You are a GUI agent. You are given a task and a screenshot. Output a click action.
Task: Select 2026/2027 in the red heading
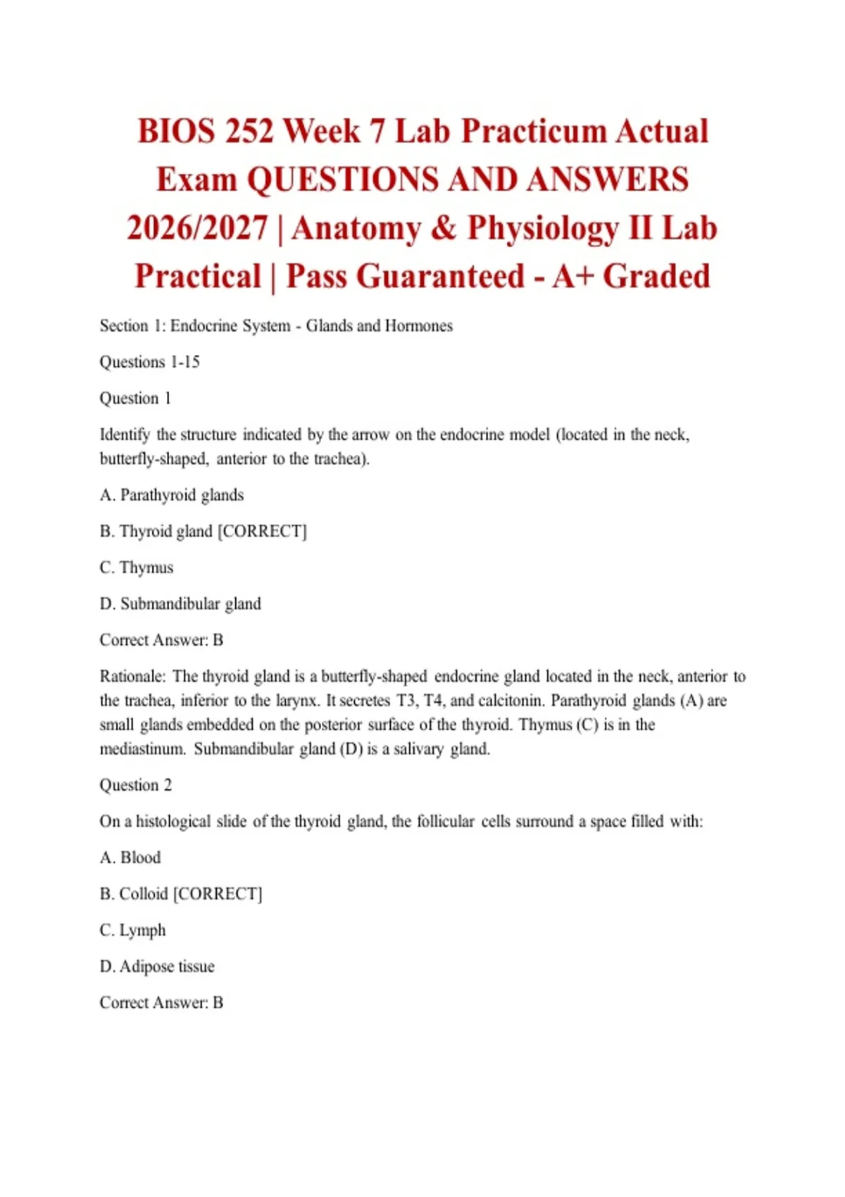click(197, 229)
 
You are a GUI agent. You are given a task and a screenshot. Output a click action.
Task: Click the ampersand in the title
click(444, 229)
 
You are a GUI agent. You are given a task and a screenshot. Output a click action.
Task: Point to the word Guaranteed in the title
click(440, 277)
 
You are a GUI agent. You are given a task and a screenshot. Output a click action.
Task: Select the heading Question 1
click(135, 399)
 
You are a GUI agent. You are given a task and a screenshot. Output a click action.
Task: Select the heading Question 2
click(135, 785)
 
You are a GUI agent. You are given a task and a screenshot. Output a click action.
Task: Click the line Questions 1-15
click(149, 362)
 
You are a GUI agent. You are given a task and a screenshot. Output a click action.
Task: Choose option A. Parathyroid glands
click(172, 495)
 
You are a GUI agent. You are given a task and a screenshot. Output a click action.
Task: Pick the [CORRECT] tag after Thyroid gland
click(262, 531)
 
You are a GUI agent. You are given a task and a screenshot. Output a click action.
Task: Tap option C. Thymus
click(137, 568)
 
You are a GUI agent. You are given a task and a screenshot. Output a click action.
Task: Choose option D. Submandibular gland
click(180, 604)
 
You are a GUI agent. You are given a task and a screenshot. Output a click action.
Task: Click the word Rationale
click(132, 677)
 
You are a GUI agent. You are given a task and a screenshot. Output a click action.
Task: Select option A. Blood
click(130, 858)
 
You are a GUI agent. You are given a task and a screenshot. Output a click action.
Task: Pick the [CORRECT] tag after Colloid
click(218, 894)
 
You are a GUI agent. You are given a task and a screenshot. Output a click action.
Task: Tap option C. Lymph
click(133, 930)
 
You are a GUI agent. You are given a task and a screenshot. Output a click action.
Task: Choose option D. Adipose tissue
click(157, 967)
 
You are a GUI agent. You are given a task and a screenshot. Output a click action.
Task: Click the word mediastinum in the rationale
click(142, 749)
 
